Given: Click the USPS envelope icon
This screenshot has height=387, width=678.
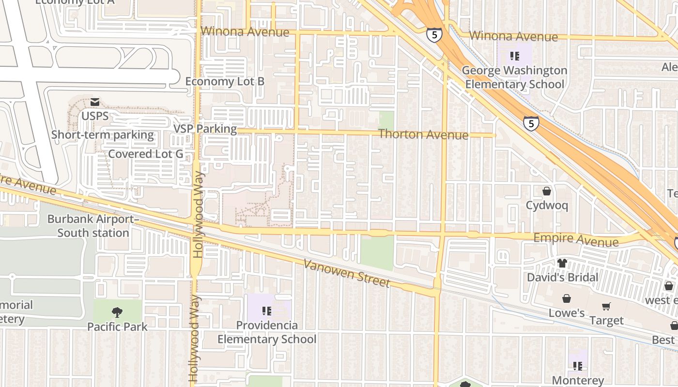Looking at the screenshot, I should tap(94, 102).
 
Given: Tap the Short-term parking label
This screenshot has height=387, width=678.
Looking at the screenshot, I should tap(103, 135).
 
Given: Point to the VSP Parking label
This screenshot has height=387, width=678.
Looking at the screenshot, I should tap(205, 129).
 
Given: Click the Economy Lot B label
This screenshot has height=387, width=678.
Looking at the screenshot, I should tap(225, 81).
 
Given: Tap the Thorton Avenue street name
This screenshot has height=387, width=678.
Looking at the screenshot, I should tap(423, 134).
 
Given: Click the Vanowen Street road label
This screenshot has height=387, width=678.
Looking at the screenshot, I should tap(346, 273).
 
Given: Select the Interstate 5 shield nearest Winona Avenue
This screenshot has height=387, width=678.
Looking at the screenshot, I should tap(434, 35).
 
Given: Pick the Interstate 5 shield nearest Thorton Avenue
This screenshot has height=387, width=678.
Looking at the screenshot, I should tap(531, 123).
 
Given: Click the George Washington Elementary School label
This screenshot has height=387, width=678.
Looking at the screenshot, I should tap(514, 77).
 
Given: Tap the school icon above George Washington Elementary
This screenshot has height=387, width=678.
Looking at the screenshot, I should tap(514, 56).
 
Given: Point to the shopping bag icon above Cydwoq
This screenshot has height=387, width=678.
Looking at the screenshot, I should tap(546, 191).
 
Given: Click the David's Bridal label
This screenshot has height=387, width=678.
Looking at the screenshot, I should tap(562, 278).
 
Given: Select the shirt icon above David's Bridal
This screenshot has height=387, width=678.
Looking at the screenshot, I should tap(562, 263).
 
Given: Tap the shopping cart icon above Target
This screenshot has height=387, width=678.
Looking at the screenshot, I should tap(606, 307).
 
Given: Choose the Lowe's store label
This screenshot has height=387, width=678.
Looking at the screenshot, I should tap(567, 313).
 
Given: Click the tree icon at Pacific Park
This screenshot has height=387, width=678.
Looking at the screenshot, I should tap(117, 312).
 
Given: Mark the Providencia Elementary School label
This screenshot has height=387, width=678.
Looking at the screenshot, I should tap(266, 332).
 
